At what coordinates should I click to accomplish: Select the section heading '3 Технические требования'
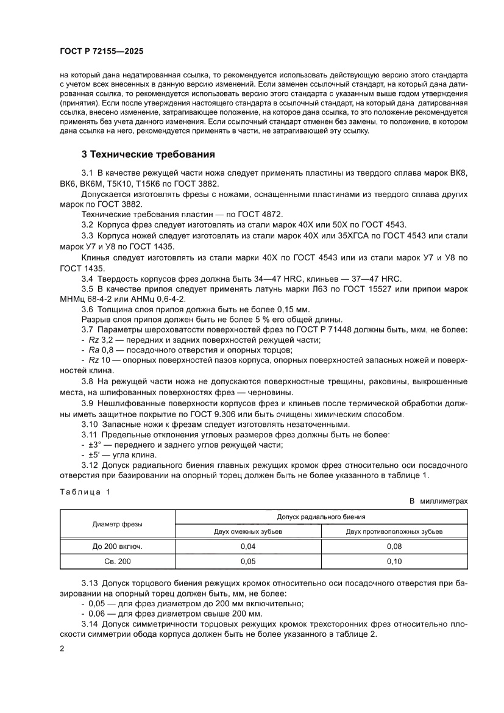(x=148, y=154)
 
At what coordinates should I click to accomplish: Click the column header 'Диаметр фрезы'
(x=118, y=524)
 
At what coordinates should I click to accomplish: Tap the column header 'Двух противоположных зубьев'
(x=394, y=531)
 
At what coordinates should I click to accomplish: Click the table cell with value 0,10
(x=394, y=561)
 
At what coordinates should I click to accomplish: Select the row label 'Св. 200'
(x=118, y=561)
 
